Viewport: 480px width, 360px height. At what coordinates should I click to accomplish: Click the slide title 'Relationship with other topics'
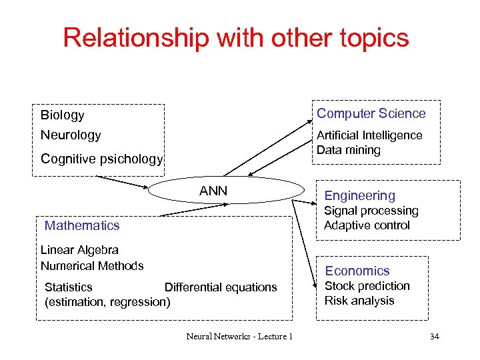[236, 38]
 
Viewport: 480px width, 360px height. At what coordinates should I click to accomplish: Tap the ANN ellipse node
[213, 191]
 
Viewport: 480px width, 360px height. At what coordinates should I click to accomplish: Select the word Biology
[63, 115]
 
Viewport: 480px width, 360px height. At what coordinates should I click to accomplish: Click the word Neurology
[71, 135]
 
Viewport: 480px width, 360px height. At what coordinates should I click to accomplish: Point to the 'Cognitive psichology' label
[101, 159]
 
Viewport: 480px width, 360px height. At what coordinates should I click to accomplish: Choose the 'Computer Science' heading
[371, 113]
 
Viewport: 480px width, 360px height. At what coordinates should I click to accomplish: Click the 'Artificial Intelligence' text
[369, 135]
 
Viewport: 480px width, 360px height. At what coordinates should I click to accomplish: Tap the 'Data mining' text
[348, 150]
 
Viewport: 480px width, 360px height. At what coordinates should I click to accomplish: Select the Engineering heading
[359, 195]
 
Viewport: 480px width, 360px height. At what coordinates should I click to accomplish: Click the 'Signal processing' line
[371, 211]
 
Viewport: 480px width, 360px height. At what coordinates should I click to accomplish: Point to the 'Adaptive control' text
[367, 225]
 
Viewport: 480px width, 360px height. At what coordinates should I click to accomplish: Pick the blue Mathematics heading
[82, 225]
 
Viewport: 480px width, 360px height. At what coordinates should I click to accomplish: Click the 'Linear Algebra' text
[79, 250]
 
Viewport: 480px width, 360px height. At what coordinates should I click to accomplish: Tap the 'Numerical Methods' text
[92, 265]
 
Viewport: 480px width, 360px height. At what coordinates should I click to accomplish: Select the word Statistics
[69, 287]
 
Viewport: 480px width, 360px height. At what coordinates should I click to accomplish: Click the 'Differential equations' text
[221, 287]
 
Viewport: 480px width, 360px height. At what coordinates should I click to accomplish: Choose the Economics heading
[357, 271]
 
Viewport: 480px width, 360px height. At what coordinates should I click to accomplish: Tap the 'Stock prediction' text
[367, 286]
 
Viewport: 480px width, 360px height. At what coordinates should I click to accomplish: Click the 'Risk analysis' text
[359, 301]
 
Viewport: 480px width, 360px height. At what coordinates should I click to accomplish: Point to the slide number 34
[434, 336]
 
